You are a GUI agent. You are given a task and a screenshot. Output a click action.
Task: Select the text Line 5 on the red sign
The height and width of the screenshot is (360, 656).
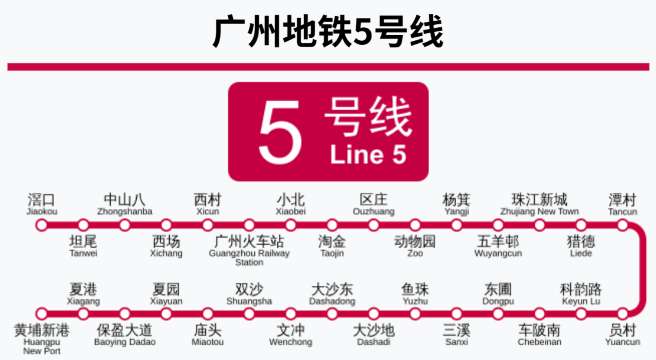[x=368, y=155]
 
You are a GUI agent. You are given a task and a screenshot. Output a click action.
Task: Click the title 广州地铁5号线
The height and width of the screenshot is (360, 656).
[x=328, y=32]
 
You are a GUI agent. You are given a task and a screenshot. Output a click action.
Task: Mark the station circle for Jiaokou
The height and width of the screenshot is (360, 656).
[x=42, y=225]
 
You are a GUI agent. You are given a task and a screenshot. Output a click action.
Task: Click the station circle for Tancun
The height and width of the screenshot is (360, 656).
[x=622, y=225]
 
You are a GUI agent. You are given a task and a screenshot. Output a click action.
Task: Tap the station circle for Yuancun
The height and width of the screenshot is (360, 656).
[x=622, y=312]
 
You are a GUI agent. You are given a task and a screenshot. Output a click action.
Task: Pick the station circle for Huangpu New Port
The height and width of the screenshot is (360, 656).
[x=42, y=312]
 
